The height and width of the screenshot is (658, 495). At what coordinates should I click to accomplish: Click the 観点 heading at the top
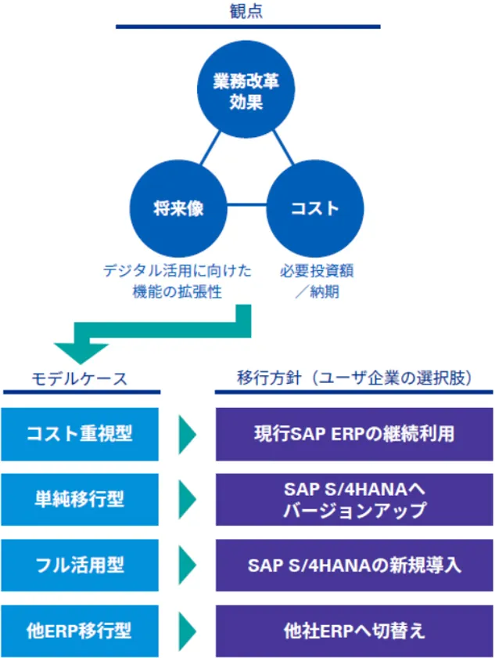coord(246,11)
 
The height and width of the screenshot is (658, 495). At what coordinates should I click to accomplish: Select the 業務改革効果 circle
coord(246,91)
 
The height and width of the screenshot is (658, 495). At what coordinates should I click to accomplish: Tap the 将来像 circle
coord(178,208)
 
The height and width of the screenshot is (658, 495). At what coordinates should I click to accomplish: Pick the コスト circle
coord(315,208)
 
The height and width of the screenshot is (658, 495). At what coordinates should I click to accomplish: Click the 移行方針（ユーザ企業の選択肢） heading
coord(354,379)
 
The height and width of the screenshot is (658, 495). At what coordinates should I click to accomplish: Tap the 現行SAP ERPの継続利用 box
coord(354,434)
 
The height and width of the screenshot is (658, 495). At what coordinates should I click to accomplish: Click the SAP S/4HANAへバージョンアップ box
coord(354,499)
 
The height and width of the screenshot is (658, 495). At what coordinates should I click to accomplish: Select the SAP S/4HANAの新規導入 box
coord(354,565)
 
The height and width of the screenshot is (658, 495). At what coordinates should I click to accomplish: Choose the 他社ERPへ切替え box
coord(354,630)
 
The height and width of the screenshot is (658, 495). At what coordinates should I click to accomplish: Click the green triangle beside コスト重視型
coord(188,434)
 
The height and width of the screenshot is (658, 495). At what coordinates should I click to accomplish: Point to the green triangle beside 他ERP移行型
coord(188,630)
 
